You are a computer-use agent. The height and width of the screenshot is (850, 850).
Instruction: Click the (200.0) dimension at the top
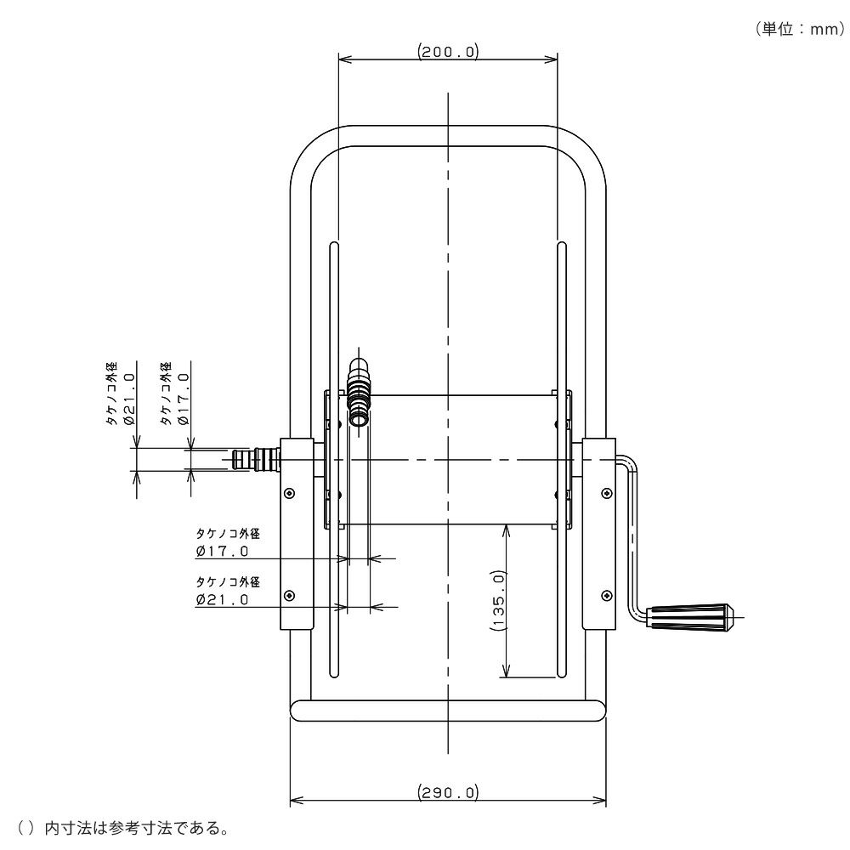click(x=448, y=52)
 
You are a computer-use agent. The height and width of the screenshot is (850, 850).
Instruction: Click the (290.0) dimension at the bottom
click(x=448, y=792)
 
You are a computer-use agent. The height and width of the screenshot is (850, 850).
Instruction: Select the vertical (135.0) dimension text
click(x=497, y=600)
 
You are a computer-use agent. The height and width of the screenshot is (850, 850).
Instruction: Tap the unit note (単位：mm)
click(x=800, y=29)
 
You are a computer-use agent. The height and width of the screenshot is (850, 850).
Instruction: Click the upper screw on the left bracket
click(x=290, y=493)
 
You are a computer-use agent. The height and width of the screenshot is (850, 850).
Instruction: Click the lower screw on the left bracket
click(x=290, y=596)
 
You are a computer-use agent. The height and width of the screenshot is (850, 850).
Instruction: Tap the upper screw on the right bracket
click(x=607, y=493)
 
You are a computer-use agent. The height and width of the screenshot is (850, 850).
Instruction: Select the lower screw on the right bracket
click(x=607, y=596)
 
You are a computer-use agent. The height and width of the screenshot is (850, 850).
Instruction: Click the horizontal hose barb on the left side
click(x=256, y=459)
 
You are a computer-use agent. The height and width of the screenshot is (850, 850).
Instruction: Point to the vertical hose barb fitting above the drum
click(x=359, y=391)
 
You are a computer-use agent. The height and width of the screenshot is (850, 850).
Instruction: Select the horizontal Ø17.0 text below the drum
click(x=222, y=552)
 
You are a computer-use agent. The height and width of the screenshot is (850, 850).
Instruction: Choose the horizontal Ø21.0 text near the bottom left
click(x=222, y=599)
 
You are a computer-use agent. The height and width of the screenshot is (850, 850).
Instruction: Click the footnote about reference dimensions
click(x=123, y=828)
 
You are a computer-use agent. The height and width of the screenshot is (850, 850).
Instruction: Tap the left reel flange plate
click(x=334, y=460)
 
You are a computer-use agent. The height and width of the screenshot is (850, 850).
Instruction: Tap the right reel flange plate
click(x=562, y=460)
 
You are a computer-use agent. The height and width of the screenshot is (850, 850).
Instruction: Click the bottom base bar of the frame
click(x=448, y=710)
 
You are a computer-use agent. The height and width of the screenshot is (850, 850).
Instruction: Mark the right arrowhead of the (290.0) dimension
click(x=600, y=801)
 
